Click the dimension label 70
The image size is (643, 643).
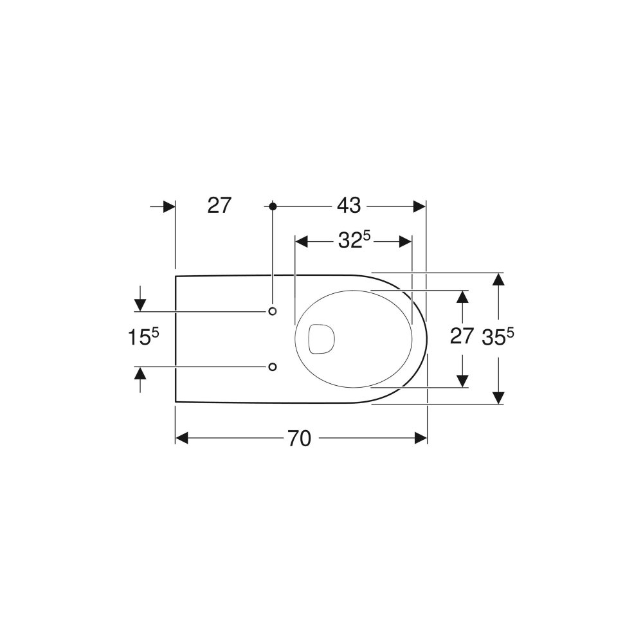coord(300,439)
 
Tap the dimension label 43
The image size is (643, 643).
coord(349,206)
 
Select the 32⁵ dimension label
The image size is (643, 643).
coord(354,240)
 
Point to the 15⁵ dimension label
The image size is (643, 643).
coord(143,338)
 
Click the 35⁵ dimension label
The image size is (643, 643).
coord(498,337)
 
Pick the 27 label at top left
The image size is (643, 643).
coord(220,205)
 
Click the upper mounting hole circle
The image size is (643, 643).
coord(272,311)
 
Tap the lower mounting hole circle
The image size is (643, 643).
coord(272,367)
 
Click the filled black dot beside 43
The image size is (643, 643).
coord(273,206)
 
